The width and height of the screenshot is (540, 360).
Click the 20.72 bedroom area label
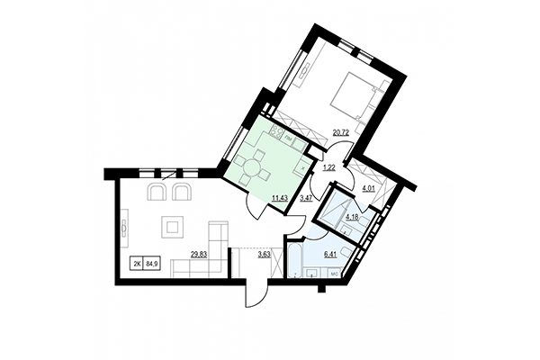pos(341,133)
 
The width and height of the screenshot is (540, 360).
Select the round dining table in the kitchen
pos(259,166)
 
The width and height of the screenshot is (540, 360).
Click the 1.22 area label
pos(328,167)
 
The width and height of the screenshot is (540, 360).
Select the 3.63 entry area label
pos(265,255)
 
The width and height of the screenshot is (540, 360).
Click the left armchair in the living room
pos(157,192)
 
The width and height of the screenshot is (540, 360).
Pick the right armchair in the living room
pos(182,192)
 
